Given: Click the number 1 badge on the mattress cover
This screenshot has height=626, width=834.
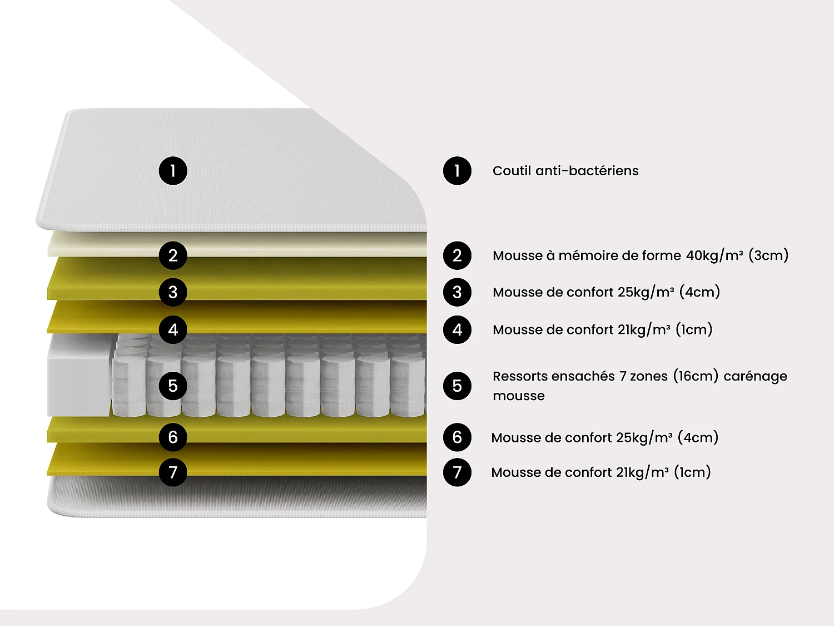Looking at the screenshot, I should coord(173,171).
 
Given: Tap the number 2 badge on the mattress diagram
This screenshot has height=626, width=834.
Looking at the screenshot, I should coord(173,255).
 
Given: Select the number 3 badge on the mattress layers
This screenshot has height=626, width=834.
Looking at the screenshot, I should coord(173,292).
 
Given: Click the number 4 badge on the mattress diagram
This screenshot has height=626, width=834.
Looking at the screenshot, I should coord(173,329).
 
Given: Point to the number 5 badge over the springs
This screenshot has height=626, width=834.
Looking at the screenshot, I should coord(173,386).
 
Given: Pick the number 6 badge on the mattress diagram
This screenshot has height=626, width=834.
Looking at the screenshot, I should coord(173,437).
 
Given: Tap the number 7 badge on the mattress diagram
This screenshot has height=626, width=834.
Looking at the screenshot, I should coord(173,472).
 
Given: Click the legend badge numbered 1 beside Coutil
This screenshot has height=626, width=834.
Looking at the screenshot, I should coord(457,171).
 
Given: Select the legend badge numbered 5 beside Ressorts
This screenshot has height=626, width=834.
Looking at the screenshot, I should coord(457,386).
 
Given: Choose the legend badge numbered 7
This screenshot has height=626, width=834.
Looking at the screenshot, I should coord(457,472).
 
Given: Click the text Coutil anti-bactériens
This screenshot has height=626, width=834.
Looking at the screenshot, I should coord(565,171).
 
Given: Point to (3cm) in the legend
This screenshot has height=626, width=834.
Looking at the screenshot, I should coord(768,255).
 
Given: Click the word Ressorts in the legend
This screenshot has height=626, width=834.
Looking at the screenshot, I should coord(520,376).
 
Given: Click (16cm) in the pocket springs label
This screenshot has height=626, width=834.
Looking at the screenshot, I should coord(696,376).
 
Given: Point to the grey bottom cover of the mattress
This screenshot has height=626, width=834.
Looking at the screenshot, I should coord(239,495).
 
